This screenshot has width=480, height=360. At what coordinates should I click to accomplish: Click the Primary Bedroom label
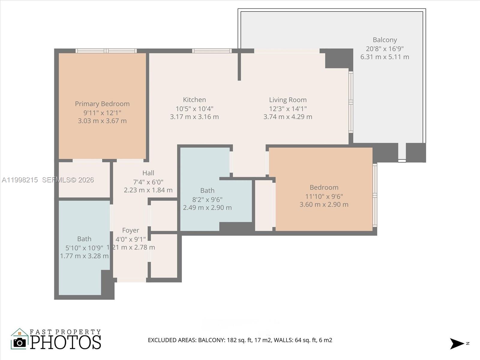102,104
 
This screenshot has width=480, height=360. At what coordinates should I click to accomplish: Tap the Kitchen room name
194,100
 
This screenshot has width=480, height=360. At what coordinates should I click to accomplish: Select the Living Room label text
288,100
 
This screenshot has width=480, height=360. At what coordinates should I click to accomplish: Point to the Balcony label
385,40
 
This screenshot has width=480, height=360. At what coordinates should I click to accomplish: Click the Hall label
148,173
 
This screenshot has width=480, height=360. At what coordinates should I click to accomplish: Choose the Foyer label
130,230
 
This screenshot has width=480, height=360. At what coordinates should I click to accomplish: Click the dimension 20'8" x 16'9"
385,49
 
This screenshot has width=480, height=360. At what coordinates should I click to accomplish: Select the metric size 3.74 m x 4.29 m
288,117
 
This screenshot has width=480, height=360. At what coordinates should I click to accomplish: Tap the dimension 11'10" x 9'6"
324,196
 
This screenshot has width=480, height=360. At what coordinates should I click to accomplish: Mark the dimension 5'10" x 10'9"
84,248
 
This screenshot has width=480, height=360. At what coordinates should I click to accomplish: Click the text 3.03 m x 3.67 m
102,121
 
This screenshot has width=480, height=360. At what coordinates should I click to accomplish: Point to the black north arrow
457,343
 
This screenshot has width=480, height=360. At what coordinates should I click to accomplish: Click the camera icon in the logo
20,342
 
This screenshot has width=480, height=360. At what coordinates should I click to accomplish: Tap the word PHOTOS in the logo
66,342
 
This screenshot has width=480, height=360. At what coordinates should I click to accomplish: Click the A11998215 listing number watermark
20,180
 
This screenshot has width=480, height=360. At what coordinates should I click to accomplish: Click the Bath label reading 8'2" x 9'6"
207,190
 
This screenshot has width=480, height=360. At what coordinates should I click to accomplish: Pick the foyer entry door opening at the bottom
131,280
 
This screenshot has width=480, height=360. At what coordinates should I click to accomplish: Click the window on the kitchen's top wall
212,51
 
